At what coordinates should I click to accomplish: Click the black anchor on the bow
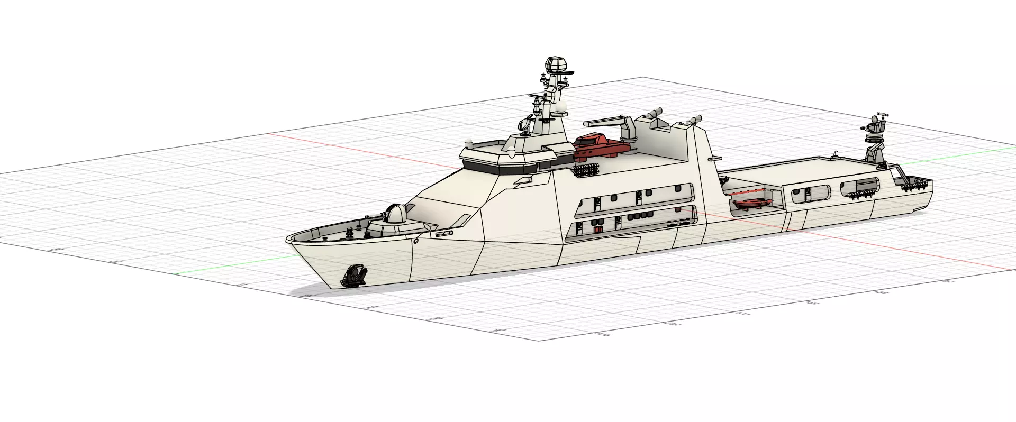click(x=354, y=275)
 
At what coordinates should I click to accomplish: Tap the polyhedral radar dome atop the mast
click(x=555, y=66)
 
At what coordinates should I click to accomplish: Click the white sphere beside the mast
click(x=560, y=108)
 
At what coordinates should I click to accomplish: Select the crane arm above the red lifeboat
click(x=609, y=123)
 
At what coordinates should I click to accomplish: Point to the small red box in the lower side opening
click(x=598, y=230)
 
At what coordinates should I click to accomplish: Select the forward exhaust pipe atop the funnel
click(x=654, y=113)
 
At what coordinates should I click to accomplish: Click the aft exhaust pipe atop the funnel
click(x=694, y=120)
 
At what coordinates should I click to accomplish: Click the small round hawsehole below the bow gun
click(x=416, y=241)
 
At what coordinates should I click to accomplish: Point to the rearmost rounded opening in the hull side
click(x=859, y=188)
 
